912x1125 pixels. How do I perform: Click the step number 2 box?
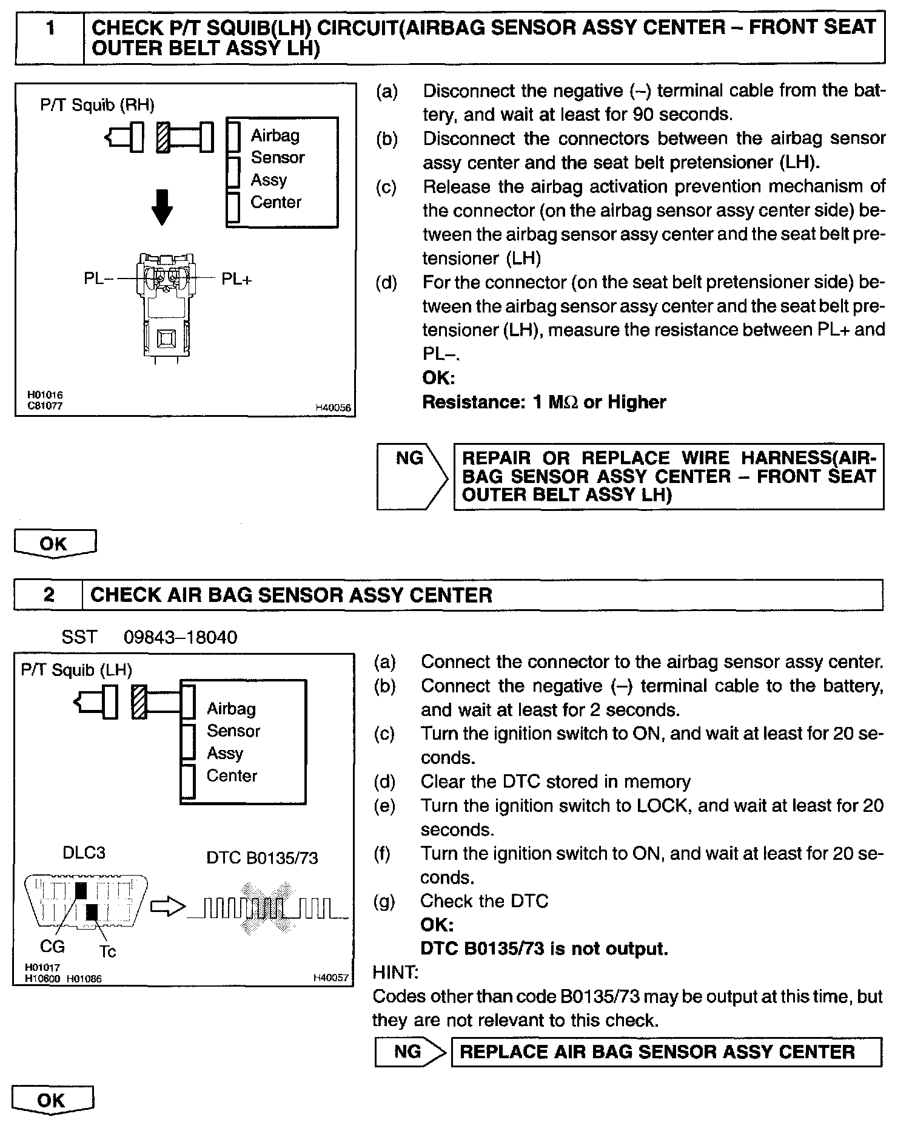49,594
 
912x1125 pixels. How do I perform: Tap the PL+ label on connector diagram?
236,279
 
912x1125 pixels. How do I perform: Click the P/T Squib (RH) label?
97,105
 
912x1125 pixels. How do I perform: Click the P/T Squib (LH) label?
76,670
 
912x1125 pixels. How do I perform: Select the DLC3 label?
84,853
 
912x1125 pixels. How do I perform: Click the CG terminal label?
52,946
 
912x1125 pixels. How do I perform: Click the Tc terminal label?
107,951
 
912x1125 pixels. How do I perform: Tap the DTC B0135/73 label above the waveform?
262,857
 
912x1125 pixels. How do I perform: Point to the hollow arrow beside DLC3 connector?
167,907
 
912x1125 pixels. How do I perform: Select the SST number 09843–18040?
180,637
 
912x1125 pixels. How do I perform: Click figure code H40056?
333,408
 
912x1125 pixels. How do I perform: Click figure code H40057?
331,978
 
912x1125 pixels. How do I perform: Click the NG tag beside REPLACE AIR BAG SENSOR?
407,1051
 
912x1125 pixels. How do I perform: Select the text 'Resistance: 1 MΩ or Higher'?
544,402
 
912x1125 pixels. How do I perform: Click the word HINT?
395,973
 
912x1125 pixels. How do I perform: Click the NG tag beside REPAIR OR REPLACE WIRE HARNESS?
410,458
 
